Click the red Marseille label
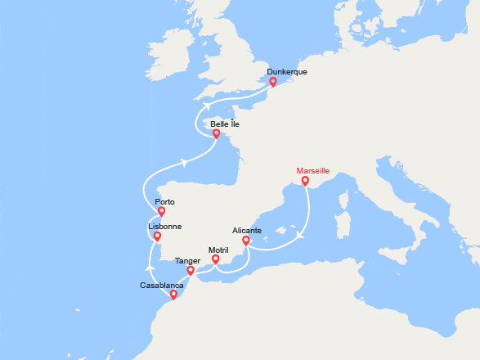(312, 171)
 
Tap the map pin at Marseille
(305, 181)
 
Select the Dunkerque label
(287, 72)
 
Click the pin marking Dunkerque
(272, 82)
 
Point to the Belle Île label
(225, 124)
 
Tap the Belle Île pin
(216, 133)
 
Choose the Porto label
(164, 201)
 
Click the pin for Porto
(162, 211)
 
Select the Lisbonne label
(164, 227)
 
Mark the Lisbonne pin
(159, 237)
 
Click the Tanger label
(187, 261)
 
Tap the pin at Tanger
(191, 270)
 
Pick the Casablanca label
(162, 285)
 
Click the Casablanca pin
(173, 294)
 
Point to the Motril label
(218, 250)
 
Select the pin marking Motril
(216, 259)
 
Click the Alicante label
(247, 231)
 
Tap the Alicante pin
(246, 241)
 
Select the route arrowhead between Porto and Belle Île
(186, 162)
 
